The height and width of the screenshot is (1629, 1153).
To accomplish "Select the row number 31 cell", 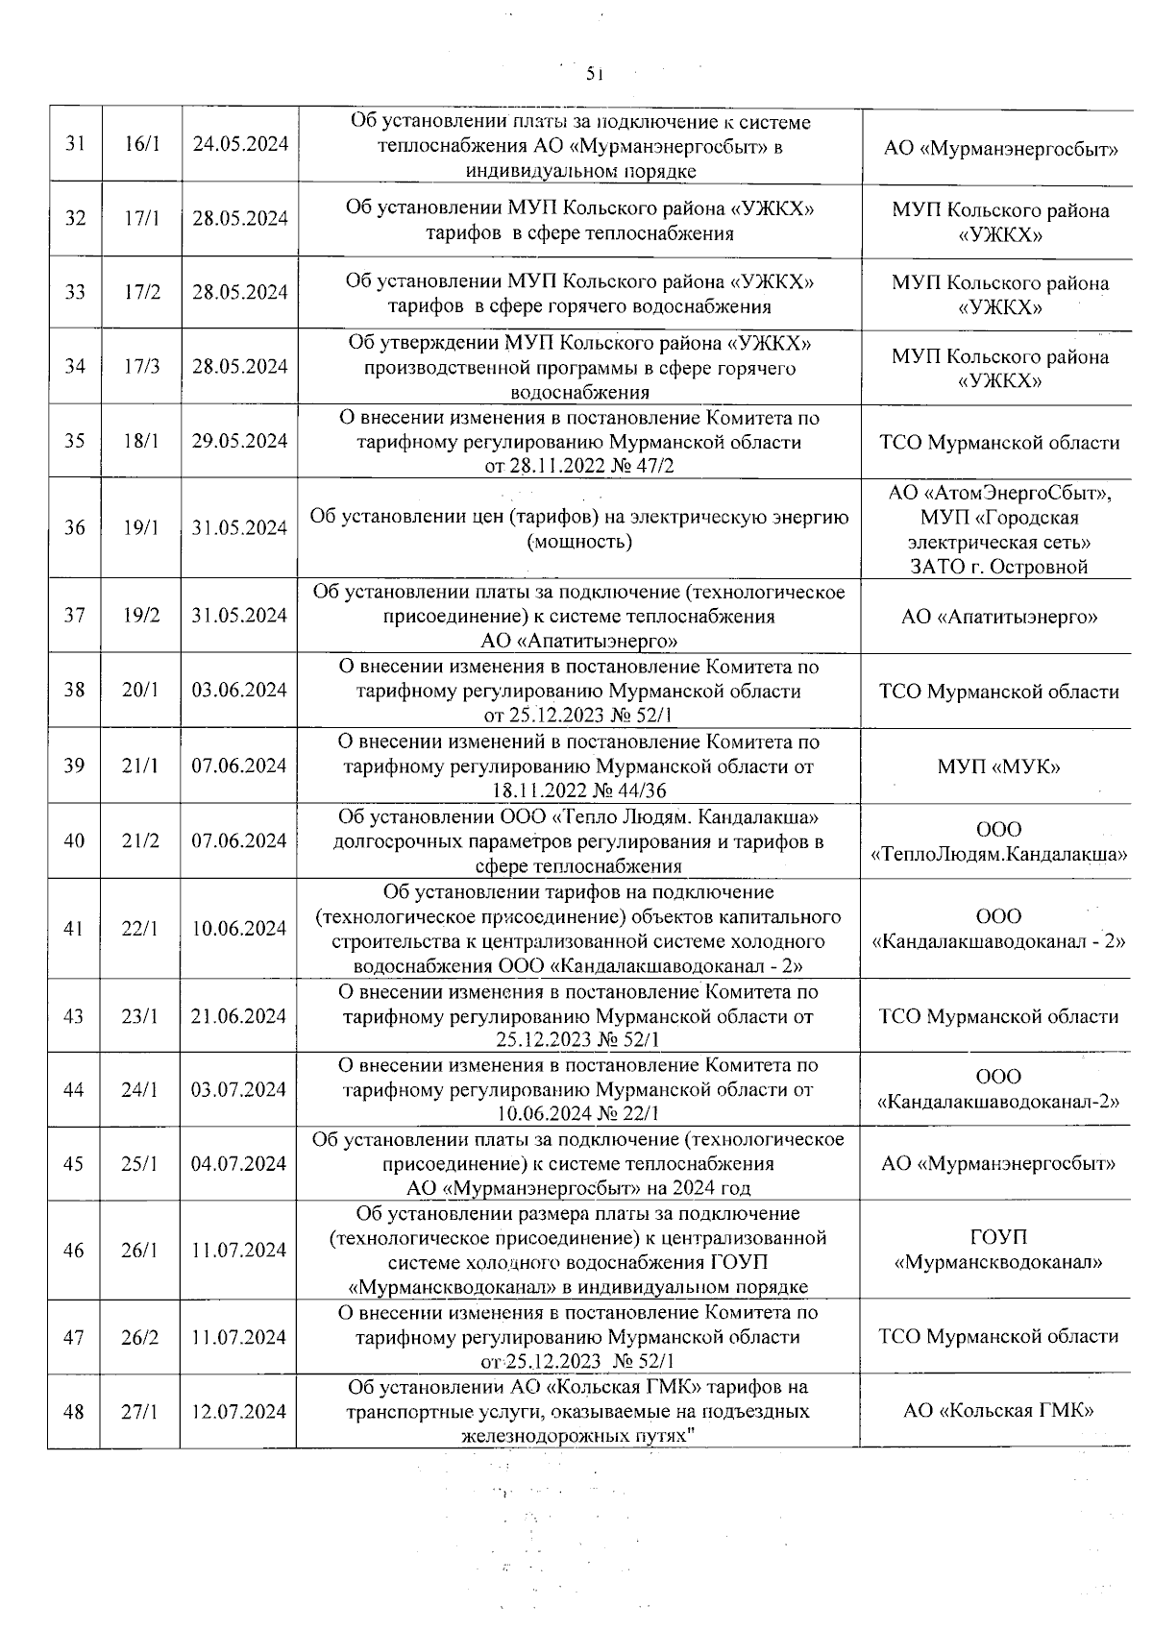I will [75, 144].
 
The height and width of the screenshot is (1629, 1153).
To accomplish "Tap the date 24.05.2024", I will [240, 144].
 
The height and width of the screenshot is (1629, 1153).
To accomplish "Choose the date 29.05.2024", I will [240, 441].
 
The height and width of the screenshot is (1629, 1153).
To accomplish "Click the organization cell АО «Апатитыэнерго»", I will [999, 617].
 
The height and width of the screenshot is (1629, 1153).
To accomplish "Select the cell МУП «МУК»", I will [999, 766].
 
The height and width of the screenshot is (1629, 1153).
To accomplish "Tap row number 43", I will [74, 1016].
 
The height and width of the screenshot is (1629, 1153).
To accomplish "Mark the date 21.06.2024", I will [239, 1016].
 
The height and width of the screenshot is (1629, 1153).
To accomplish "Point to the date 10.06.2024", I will [239, 929].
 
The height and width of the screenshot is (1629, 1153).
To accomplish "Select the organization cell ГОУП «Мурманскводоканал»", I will [998, 1250].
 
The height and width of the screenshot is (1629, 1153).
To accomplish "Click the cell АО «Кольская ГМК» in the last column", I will [998, 1411].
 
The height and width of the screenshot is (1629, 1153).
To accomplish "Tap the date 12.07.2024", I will [239, 1412].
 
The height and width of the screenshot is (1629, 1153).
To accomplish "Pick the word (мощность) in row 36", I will [579, 542].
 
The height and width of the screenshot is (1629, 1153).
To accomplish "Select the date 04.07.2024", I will [239, 1164].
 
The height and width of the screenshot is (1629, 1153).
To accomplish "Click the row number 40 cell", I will [74, 841].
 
